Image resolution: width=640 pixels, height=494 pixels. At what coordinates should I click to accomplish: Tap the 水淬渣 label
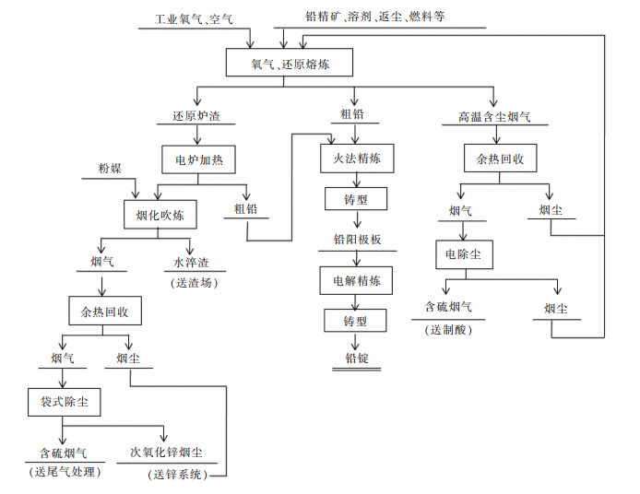pos(191,262)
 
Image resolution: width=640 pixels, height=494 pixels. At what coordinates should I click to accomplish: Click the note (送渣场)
pos(191,283)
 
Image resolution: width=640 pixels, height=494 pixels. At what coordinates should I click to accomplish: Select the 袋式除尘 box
pos(64,402)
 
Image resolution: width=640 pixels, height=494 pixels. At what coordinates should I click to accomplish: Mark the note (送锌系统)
pos(178,474)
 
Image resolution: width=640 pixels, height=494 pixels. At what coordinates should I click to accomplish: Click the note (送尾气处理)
pos(64,473)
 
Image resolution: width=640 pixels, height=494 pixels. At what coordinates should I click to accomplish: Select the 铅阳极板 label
pos(357,239)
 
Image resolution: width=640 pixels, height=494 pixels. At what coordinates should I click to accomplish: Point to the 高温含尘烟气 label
pos(493,117)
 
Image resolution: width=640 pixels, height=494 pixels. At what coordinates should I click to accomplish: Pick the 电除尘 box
pos(463,254)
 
